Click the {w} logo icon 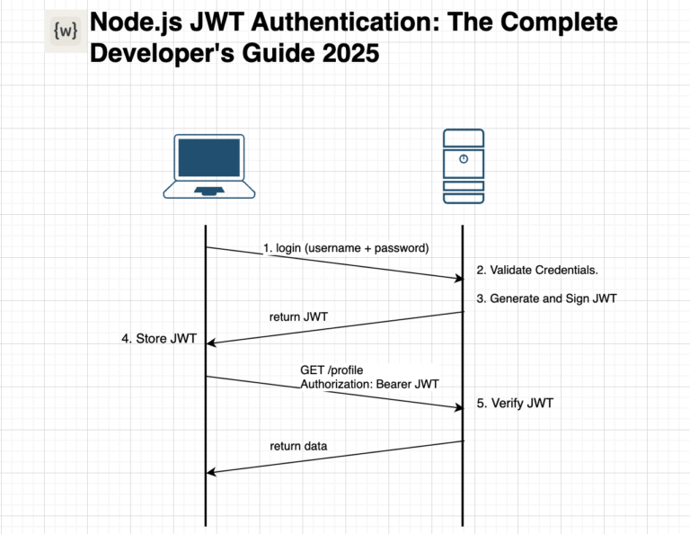65,32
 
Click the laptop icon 210,166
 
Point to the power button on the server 463,159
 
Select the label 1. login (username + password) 346,247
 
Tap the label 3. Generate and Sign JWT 546,298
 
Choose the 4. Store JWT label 158,339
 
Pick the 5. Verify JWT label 515,404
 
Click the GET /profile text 332,370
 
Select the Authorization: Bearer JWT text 369,384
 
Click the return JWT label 299,316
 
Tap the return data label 298,446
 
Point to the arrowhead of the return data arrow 213,471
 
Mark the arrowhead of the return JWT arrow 213,342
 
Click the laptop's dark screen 210,158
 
